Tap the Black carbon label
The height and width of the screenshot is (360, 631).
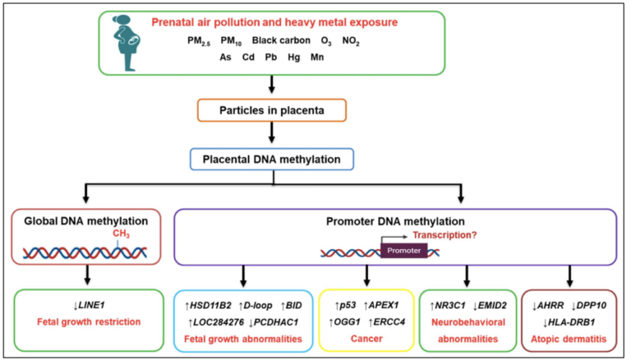pos(282,40)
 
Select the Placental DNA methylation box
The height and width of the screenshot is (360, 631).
pos(272,157)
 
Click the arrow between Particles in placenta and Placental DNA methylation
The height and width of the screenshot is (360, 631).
pos(272,134)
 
